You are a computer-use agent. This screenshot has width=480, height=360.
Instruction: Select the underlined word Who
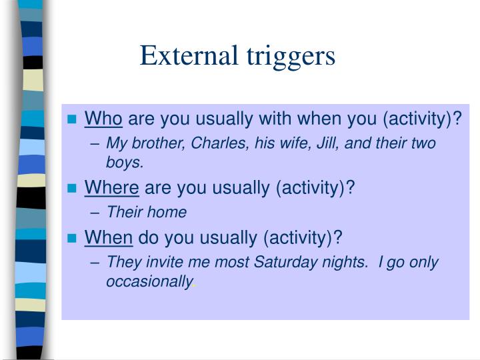click(x=103, y=119)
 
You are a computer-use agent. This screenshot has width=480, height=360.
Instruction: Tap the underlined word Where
click(x=112, y=188)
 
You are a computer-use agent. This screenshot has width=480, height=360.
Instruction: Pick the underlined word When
click(x=109, y=237)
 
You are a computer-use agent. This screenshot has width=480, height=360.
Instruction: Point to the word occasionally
click(x=148, y=281)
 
